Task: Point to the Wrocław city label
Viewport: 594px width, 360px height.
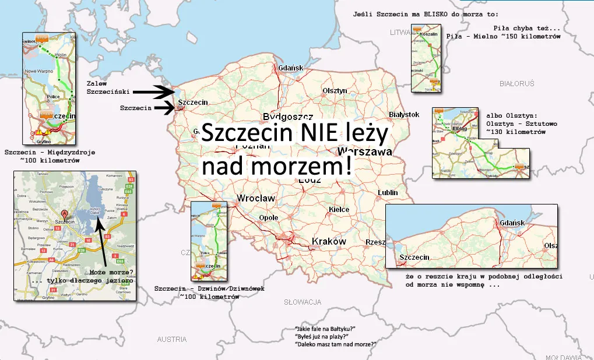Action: [x=256, y=199]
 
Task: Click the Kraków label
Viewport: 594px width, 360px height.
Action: [x=329, y=241]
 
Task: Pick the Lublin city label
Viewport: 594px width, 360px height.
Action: [x=388, y=192]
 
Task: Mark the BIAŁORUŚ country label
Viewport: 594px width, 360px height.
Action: [x=516, y=84]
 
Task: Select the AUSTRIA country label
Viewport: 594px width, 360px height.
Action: [x=172, y=339]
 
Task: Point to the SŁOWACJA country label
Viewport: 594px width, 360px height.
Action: [x=303, y=302]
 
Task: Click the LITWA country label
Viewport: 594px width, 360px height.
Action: [x=400, y=33]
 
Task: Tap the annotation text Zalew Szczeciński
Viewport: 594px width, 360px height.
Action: [x=107, y=87]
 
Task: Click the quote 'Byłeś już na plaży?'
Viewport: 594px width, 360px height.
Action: [x=322, y=336]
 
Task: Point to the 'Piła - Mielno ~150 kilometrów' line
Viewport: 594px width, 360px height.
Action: [x=503, y=37]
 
